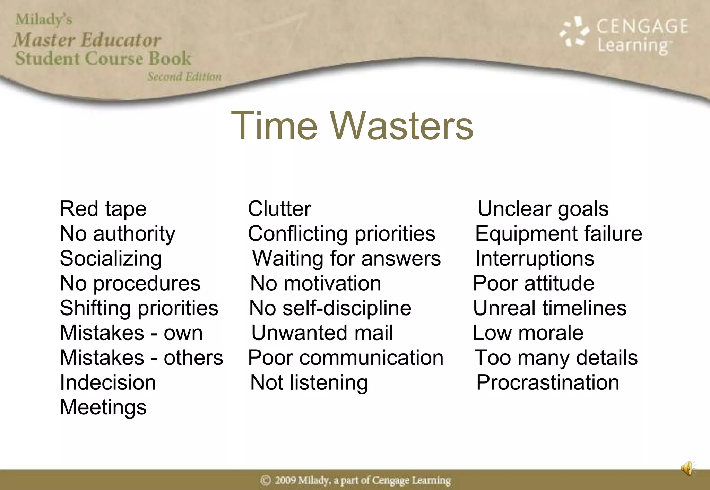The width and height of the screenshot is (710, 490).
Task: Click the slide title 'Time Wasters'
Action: point(352,126)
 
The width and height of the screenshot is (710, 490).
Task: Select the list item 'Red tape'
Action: point(103,209)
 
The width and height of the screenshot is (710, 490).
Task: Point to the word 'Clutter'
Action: point(279,209)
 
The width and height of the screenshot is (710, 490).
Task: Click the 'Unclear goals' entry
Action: point(543,209)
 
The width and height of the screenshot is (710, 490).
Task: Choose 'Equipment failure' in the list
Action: point(558,233)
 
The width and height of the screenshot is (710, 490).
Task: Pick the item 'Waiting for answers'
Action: point(346,258)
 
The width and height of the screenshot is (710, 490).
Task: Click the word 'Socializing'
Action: point(111,258)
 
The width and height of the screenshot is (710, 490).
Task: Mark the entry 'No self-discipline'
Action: point(330,308)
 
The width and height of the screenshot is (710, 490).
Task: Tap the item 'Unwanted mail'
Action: point(322,333)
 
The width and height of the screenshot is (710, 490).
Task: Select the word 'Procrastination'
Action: point(548,382)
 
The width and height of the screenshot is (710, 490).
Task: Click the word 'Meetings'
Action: point(103,407)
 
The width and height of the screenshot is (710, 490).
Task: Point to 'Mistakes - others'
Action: point(141,358)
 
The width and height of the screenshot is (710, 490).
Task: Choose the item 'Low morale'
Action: point(528,333)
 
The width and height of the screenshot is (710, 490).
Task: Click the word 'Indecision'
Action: point(108,382)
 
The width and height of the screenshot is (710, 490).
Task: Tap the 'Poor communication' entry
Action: point(346,358)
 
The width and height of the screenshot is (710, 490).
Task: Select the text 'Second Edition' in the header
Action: point(184,77)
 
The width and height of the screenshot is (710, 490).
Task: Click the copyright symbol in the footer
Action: point(266,480)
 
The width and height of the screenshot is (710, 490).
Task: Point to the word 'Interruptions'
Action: point(535,258)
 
